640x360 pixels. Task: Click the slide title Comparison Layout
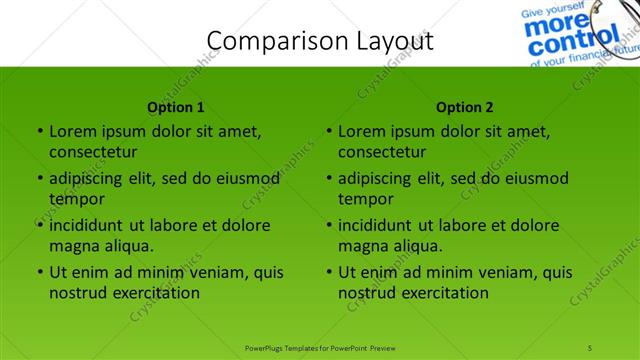(320, 41)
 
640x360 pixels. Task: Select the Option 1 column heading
(176, 107)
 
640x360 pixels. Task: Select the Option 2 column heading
(465, 107)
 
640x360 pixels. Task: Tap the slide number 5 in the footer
(591, 347)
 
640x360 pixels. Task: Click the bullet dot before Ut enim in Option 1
(39, 272)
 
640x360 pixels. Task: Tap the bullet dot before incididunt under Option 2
(328, 225)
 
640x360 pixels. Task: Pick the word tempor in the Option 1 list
(76, 199)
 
